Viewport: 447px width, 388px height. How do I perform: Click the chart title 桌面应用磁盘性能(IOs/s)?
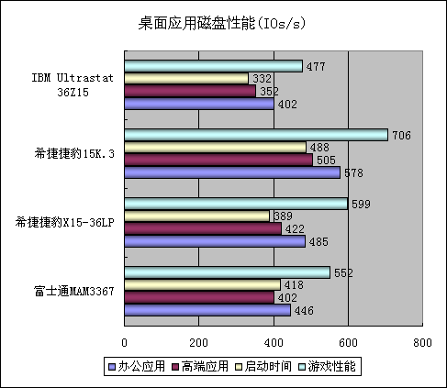(222, 23)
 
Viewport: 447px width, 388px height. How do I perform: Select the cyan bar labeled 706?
(256, 135)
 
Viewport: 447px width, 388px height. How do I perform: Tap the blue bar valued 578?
(232, 172)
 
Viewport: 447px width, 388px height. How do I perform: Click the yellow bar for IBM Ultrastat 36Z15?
(186, 78)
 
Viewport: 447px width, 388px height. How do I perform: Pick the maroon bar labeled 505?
(218, 160)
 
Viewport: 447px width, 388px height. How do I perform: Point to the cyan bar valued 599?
(236, 204)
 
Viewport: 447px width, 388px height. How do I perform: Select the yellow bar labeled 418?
(203, 284)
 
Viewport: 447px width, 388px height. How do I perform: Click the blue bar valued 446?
(207, 310)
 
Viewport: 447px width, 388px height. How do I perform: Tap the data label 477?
(316, 66)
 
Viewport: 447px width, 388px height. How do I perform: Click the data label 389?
(283, 216)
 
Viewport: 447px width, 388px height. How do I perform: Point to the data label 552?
(343, 272)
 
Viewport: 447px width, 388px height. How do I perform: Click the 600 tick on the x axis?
(348, 343)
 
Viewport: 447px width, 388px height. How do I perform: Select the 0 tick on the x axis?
(124, 343)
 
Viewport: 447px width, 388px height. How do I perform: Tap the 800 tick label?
(422, 343)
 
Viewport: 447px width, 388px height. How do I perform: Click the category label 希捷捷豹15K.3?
(74, 153)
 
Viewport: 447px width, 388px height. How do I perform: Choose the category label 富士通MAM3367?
(73, 291)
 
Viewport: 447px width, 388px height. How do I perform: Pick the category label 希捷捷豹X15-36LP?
(64, 222)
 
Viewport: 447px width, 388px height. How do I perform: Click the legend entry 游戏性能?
(327, 366)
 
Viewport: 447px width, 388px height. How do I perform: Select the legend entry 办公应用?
(137, 366)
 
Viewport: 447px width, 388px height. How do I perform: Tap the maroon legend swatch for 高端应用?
(175, 367)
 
